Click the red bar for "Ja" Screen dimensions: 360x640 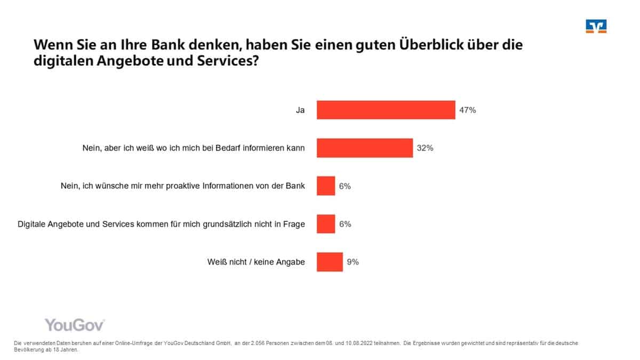pos(386,110)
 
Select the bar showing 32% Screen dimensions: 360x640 pos(365,148)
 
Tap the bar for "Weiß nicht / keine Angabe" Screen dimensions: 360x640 pos(330,262)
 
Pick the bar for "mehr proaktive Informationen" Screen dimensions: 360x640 pos(326,186)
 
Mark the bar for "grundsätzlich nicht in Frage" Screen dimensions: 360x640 pos(326,224)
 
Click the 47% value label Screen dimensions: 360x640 pos(467,110)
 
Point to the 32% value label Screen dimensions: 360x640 pos(425,148)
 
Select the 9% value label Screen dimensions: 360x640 pos(353,262)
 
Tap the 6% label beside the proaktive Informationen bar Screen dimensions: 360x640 pos(345,186)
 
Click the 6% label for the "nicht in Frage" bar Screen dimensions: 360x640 pos(345,224)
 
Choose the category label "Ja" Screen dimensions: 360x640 pos(300,110)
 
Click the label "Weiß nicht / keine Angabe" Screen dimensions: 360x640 pos(256,262)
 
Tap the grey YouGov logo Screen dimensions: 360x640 pos(74,325)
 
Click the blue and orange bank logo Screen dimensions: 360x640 pos(596,27)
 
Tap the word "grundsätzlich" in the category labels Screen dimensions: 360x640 pos(229,224)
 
